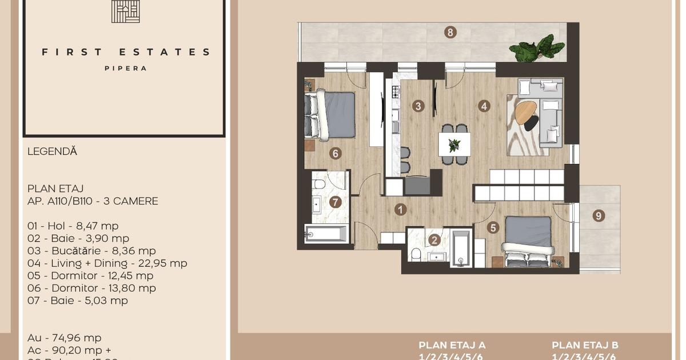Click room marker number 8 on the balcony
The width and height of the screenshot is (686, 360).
coord(450,33)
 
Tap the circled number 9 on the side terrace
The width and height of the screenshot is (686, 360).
coord(599,215)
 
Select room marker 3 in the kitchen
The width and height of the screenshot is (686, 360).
coord(418,106)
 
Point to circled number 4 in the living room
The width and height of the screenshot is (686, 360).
coord(484,106)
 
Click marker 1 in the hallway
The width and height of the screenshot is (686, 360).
coord(400,210)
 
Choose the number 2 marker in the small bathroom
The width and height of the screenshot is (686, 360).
coord(434,241)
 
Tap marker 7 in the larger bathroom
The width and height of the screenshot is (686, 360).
coord(335,202)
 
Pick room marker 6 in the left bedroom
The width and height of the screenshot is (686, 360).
coord(335,153)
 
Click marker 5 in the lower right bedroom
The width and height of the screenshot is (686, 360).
coord(493,227)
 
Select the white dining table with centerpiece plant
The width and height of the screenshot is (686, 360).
coord(454,144)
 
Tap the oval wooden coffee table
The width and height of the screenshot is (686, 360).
coord(527,113)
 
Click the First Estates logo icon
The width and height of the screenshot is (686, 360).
coord(125,11)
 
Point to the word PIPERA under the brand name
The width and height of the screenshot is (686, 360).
coord(125,68)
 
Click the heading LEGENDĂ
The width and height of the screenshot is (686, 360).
coord(52,151)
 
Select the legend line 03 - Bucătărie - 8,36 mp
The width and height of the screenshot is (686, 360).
coord(91,251)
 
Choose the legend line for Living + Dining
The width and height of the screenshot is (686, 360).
coord(107,263)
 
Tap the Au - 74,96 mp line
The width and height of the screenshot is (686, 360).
coord(64,338)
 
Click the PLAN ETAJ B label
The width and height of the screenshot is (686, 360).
coord(585,345)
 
